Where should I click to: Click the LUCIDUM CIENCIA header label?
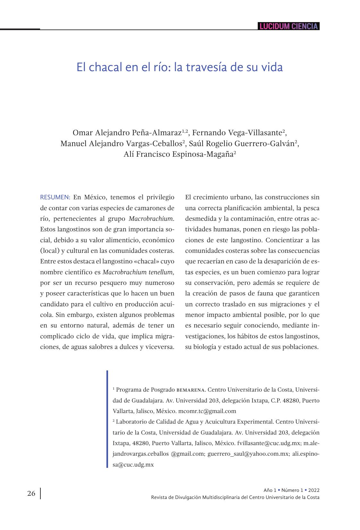(289, 26)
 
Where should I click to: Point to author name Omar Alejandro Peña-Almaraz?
(127, 133)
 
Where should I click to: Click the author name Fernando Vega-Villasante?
(237, 133)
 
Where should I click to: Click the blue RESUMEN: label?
(55, 197)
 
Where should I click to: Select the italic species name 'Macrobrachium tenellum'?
(138, 272)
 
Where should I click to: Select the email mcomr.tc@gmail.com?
(207, 411)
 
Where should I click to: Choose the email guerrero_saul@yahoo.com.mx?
(248, 454)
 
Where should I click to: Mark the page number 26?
(31, 493)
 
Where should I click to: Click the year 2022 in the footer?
(314, 490)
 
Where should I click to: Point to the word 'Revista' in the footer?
(159, 497)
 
